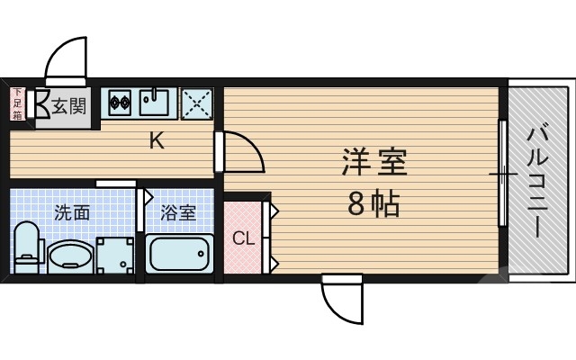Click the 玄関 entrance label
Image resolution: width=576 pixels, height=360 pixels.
pos(68,106)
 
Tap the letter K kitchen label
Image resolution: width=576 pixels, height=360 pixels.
pos(157,140)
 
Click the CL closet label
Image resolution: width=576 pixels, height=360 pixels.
pos(243,238)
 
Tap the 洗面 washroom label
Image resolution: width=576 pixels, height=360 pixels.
pos(72,213)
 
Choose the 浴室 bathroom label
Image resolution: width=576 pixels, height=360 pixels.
pos(178,213)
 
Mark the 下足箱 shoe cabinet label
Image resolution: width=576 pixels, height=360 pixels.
pos(17,104)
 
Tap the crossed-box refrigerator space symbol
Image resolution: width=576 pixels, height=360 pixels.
pos(198,103)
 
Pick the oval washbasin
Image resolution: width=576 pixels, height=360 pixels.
pos(68,256)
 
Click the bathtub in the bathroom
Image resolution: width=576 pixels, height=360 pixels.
pos(179,256)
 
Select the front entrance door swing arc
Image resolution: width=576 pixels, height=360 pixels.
pos(66,58)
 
